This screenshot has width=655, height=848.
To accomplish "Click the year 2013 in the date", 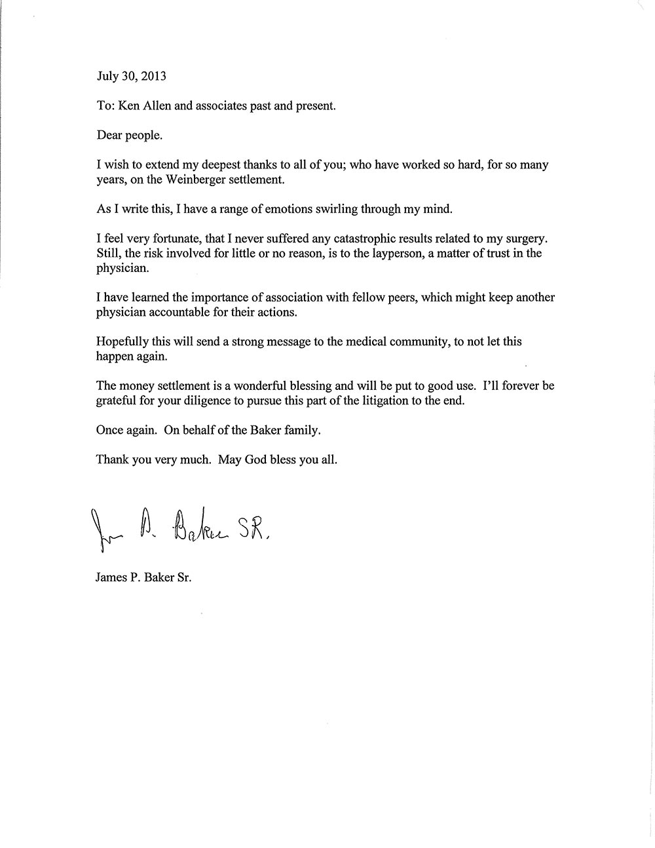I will (153, 76).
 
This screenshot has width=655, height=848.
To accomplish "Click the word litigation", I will (384, 401).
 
